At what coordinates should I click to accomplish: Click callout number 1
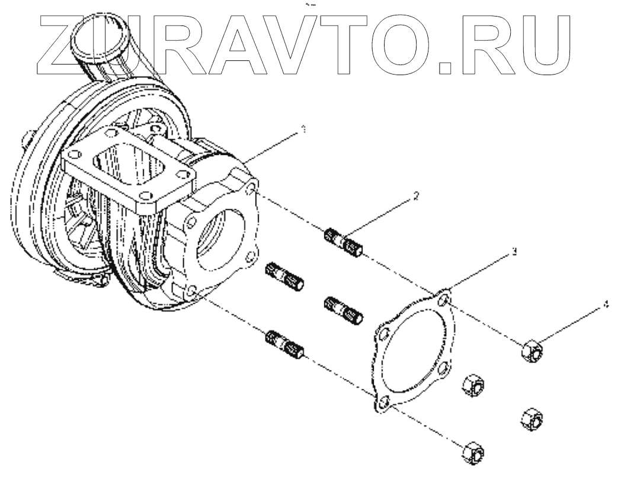pyautogui.click(x=303, y=129)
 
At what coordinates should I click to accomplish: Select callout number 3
pyautogui.click(x=514, y=252)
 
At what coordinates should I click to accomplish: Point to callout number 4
pyautogui.click(x=605, y=305)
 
